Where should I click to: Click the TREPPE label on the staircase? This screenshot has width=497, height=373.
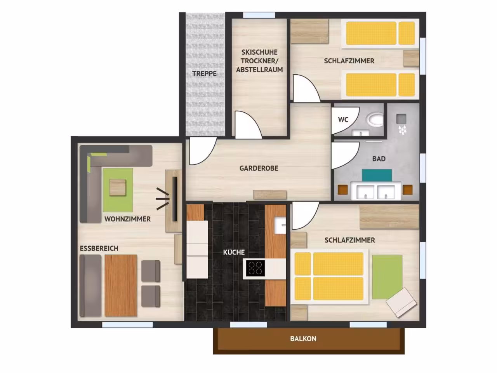click(x=204, y=73)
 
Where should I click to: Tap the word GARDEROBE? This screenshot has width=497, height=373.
click(x=259, y=168)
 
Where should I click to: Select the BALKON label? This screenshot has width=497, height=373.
click(x=303, y=339)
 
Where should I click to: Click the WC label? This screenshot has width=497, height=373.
click(x=343, y=120)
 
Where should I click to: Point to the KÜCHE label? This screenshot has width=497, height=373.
click(x=234, y=252)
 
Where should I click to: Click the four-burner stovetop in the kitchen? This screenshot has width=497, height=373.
click(x=255, y=268)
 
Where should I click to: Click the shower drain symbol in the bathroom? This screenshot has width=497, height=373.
click(x=401, y=119)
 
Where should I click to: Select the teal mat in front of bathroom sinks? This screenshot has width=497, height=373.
click(x=377, y=175)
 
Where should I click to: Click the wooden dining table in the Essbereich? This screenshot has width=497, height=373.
click(x=121, y=285)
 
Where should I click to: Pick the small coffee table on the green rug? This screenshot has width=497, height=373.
click(x=118, y=187)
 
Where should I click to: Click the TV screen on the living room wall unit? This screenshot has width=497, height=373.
click(x=175, y=199)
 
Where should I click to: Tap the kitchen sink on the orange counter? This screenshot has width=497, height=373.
click(x=280, y=225)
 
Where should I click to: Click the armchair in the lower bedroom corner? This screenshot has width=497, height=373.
click(x=401, y=302)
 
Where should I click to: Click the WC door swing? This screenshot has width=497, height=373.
click(x=345, y=121)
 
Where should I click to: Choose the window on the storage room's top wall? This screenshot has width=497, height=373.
click(x=259, y=15)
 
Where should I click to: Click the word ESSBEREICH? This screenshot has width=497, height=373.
click(x=99, y=248)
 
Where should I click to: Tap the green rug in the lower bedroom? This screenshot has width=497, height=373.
click(x=387, y=277)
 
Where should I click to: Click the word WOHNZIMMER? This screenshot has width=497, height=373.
click(x=127, y=219)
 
